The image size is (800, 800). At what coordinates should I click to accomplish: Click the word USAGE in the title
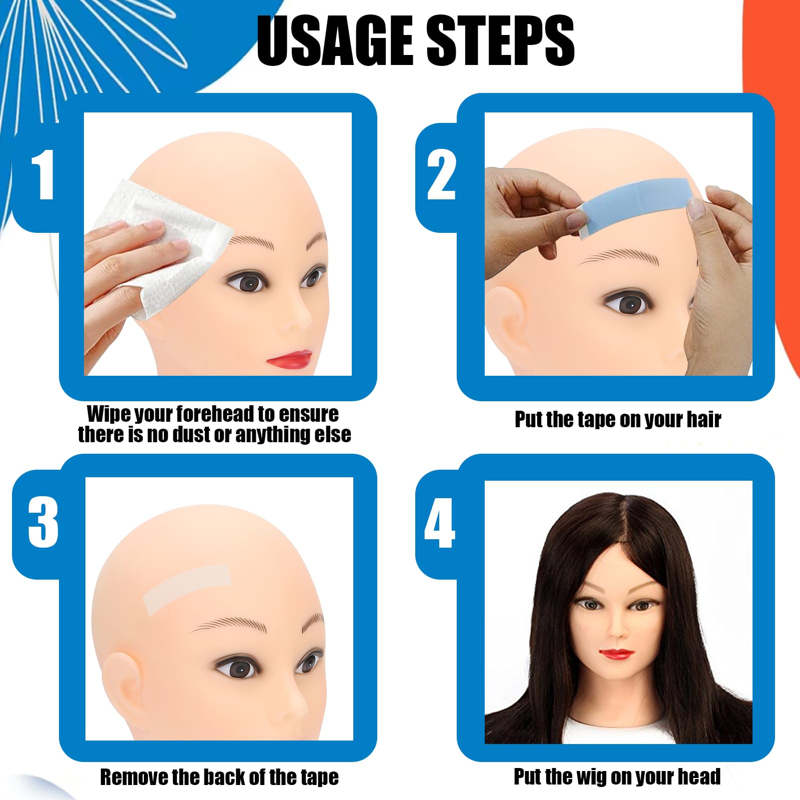[x=335, y=41]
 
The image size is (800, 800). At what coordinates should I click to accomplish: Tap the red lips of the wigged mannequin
[x=617, y=653]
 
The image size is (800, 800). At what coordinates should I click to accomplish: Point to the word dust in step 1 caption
[x=192, y=434]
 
